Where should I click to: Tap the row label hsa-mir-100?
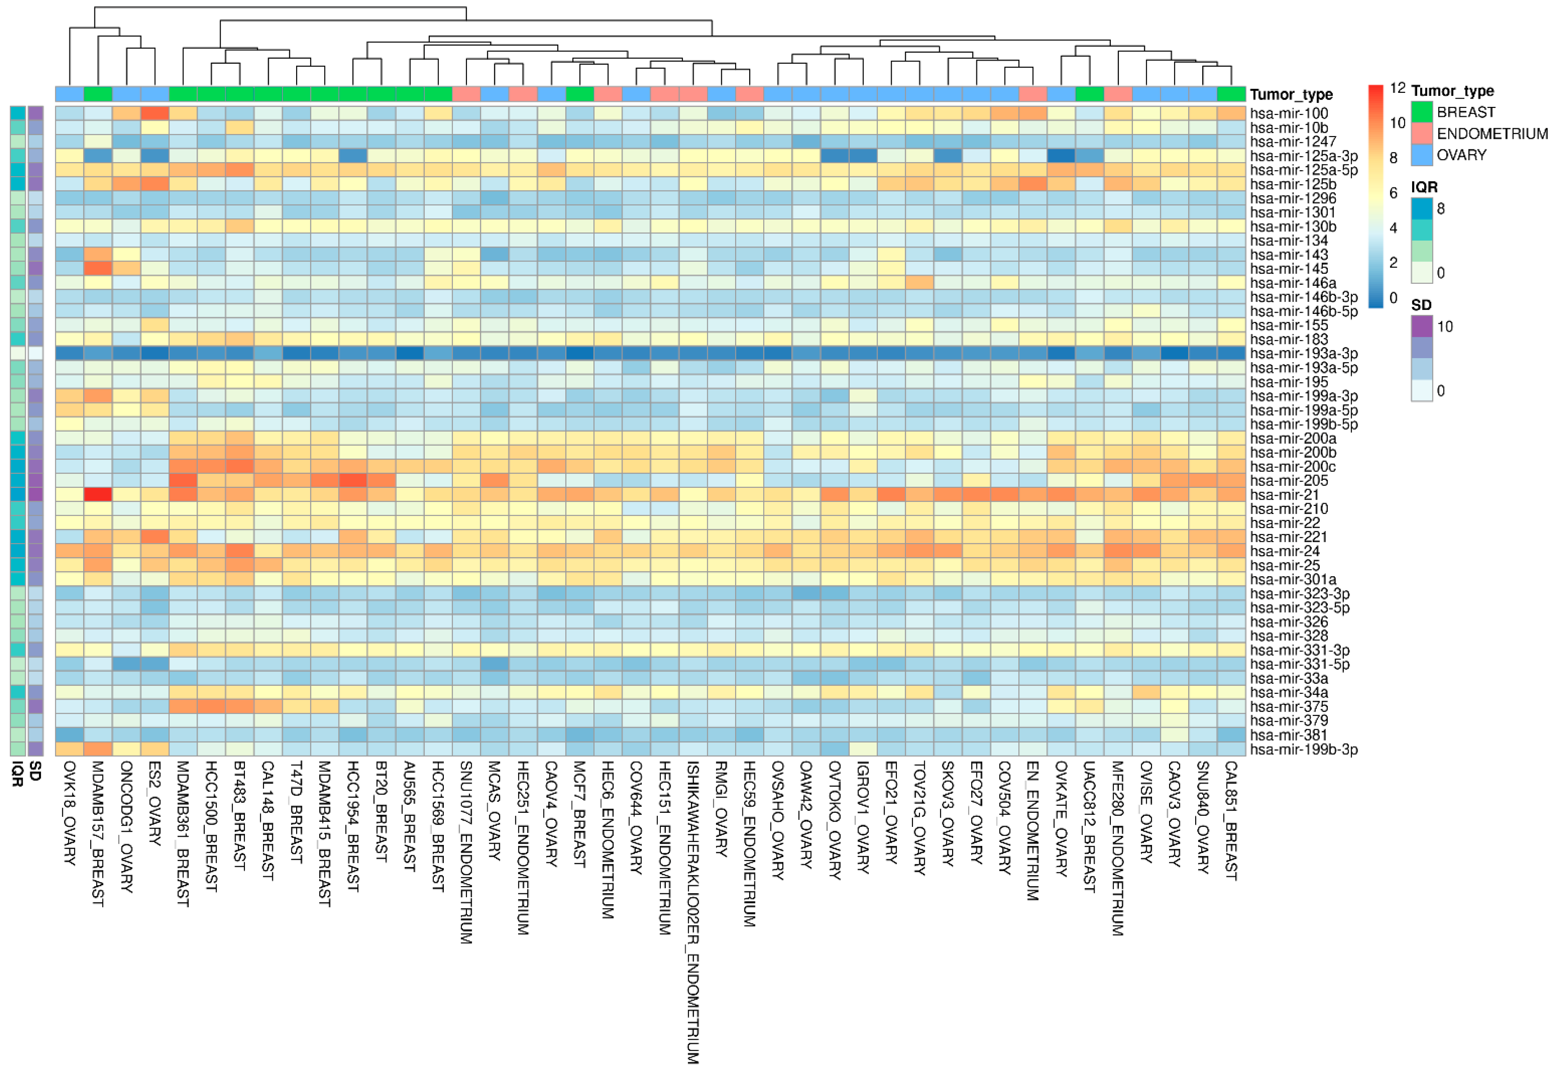1288,113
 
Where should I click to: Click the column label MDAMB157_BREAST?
98,833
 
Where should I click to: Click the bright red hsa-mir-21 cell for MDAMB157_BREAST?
98,495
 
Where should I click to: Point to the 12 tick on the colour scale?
1398,88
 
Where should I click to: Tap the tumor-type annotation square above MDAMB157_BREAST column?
98,94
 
